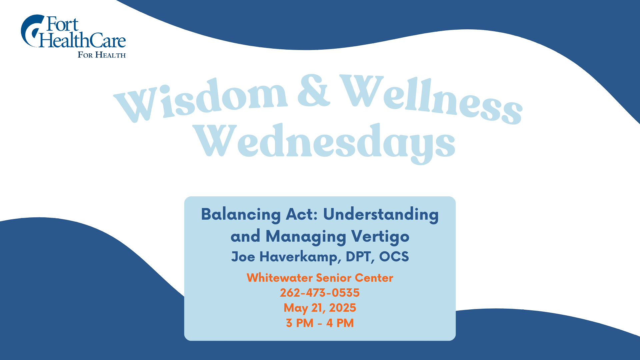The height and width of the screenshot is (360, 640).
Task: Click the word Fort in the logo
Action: pyautogui.click(x=62, y=24)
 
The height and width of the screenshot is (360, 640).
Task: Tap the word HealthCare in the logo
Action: pyautogui.click(x=82, y=40)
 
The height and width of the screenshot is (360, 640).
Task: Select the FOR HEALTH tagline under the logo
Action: pyautogui.click(x=102, y=55)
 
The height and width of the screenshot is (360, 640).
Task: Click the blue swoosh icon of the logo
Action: pyautogui.click(x=32, y=31)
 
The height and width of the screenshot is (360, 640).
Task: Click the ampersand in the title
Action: pyautogui.click(x=314, y=90)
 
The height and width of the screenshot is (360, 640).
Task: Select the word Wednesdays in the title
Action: pyautogui.click(x=324, y=143)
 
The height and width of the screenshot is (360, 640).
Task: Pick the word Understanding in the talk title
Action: pyautogui.click(x=381, y=215)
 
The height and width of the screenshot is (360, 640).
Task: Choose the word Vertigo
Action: pyautogui.click(x=380, y=237)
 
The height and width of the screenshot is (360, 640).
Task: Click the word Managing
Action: pyautogui.click(x=306, y=237)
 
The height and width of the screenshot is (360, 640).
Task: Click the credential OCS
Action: pyautogui.click(x=394, y=257)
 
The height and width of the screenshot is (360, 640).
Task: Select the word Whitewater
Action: pyautogui.click(x=280, y=278)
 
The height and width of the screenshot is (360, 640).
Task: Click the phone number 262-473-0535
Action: pyautogui.click(x=320, y=293)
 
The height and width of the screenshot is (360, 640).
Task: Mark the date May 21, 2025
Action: pyautogui.click(x=320, y=308)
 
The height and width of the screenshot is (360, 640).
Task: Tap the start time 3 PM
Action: pyautogui.click(x=300, y=323)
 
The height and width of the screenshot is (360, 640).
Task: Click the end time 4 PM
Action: pyautogui.click(x=340, y=323)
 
